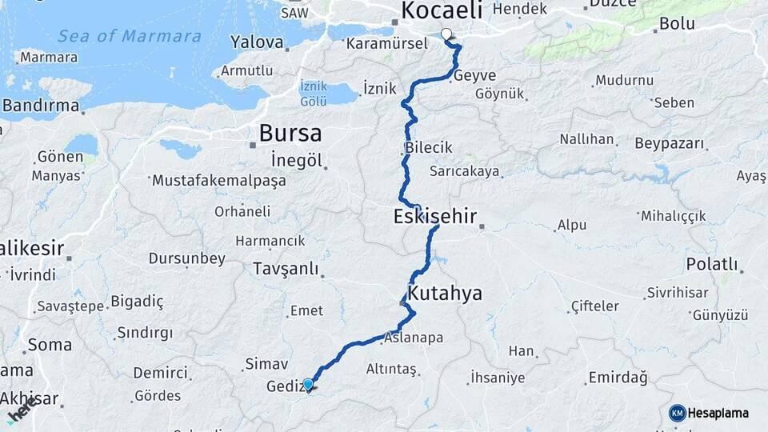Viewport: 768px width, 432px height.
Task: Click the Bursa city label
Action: tap(290, 133)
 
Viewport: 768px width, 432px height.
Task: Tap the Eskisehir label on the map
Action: tap(435, 216)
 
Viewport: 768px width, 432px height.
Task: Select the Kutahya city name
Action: tap(445, 294)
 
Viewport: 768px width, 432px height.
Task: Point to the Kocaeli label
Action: tap(442, 10)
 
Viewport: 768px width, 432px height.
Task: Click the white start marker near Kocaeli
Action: tap(446, 34)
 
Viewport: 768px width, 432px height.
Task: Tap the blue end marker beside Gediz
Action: tap(308, 384)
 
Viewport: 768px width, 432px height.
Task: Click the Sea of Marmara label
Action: tap(130, 36)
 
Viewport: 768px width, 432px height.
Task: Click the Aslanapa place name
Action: tap(414, 338)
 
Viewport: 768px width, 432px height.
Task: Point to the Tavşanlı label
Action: tap(286, 268)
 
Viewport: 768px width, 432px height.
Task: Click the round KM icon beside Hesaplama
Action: tap(678, 413)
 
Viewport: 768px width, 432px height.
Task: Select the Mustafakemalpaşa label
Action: tap(218, 180)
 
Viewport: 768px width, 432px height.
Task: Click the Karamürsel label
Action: tap(387, 43)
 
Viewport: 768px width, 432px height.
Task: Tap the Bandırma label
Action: tap(41, 105)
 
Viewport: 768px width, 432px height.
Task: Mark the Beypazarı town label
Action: tap(670, 144)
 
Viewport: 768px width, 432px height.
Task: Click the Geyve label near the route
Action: tap(474, 75)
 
